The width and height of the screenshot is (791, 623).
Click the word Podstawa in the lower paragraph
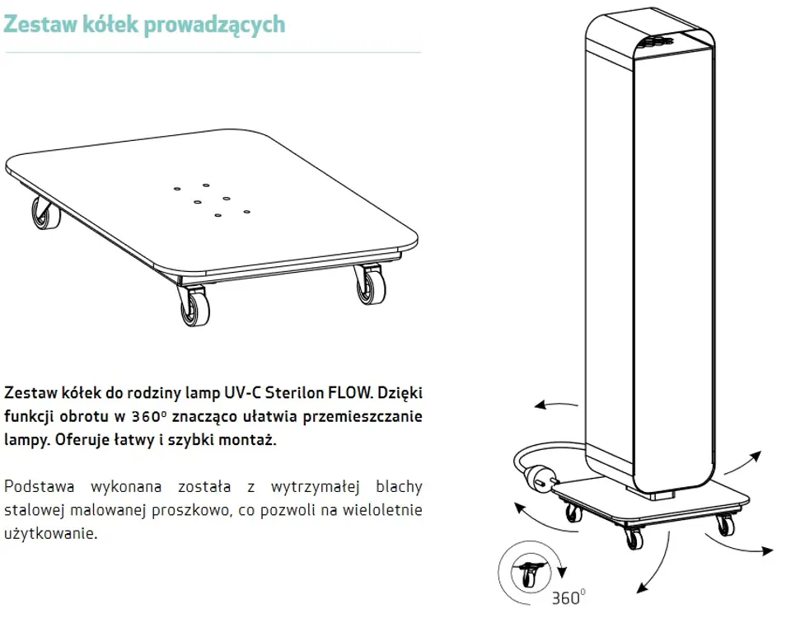pos(40,486)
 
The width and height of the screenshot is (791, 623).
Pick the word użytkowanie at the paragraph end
pos(50,533)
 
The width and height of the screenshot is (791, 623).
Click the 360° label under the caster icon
pos(569,597)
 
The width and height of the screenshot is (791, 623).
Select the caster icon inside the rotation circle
pos(530,573)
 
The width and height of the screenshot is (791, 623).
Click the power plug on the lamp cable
pos(541,478)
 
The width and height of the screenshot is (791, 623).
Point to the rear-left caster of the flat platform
pos(46,213)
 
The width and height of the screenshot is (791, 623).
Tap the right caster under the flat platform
pos(370,284)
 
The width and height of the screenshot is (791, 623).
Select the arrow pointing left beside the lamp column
pos(556,404)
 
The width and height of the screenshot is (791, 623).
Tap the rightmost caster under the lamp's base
pos(724,525)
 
